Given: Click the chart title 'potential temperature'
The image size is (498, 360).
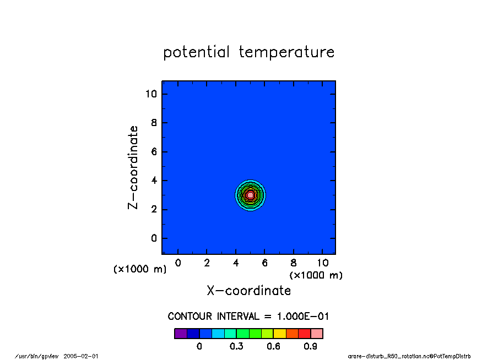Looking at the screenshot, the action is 248,52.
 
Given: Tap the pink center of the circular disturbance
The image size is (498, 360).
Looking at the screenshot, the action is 250,195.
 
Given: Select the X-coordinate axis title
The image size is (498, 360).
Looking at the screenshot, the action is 248,291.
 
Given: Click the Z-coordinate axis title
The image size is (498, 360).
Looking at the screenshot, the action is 133,167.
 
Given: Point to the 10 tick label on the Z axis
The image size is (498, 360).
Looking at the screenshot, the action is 151,94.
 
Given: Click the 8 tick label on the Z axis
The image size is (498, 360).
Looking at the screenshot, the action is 154,123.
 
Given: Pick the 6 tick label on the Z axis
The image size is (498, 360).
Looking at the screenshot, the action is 154,152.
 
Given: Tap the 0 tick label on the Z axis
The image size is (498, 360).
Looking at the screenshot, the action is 154,238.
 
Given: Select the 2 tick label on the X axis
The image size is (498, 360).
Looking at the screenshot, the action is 207,263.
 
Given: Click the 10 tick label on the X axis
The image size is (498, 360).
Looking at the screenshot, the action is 323,263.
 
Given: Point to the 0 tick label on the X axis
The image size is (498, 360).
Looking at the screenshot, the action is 178,263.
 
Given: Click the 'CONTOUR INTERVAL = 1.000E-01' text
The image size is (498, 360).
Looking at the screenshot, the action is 248,316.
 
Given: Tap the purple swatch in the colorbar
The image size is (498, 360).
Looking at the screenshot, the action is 181,334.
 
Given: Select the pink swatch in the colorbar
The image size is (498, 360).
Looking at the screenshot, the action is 317,334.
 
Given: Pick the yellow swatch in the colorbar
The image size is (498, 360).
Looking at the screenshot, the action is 279,334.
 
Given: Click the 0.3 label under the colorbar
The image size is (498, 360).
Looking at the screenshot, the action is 236,346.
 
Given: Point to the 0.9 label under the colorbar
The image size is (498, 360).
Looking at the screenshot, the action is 310,346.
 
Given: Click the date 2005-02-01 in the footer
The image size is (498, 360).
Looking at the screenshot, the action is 80,356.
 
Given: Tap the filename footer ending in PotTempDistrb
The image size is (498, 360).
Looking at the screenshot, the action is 409,356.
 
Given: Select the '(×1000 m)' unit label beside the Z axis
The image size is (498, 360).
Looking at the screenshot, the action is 140,269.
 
